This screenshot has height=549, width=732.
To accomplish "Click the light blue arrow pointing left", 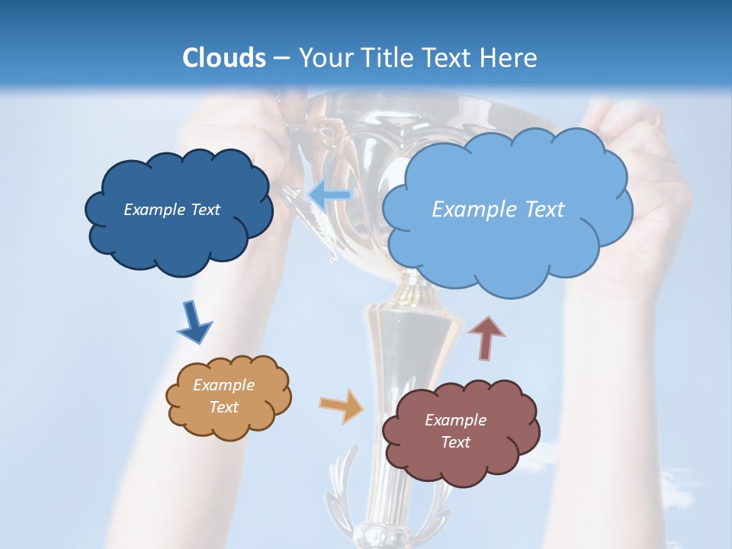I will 329,195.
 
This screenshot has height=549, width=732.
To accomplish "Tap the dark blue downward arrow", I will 194,323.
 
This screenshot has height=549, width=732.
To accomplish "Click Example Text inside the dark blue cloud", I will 172,210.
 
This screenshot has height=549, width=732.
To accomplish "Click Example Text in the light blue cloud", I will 498,209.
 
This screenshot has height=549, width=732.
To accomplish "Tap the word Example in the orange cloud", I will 223,385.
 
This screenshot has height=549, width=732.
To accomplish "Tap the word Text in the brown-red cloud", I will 455,442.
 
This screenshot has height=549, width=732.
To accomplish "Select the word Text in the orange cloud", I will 223,407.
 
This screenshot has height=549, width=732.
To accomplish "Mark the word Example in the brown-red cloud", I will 455,420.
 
